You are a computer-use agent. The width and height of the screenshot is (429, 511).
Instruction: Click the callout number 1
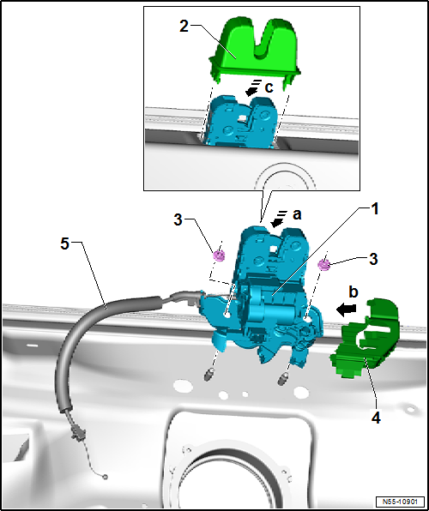point(375,209)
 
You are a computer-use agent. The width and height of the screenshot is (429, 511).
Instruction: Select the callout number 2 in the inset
point(184,27)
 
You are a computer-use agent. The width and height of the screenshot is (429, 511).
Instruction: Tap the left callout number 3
point(178,220)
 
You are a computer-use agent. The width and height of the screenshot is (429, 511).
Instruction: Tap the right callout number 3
point(373,260)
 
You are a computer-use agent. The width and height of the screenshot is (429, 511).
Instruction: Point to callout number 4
point(376,418)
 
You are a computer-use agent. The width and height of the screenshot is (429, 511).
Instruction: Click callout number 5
point(65,243)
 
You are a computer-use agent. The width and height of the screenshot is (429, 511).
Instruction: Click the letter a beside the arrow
point(297,214)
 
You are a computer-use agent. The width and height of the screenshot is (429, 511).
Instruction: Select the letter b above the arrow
point(353,292)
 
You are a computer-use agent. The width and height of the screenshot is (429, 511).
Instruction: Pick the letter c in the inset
point(269,87)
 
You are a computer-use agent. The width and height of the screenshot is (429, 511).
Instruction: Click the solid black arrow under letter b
point(347,310)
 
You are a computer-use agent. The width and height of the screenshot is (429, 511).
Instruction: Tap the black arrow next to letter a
point(279,219)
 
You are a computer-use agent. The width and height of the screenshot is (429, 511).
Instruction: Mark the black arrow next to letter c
point(252,88)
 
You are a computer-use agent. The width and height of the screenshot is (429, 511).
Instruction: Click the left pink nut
point(219,255)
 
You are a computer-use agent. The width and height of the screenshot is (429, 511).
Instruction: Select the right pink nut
point(323,265)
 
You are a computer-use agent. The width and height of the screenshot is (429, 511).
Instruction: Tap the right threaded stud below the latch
point(282,378)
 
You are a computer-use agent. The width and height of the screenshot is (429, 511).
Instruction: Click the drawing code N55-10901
point(400,501)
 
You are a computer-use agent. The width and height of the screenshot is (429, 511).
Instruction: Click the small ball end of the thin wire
point(105,477)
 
